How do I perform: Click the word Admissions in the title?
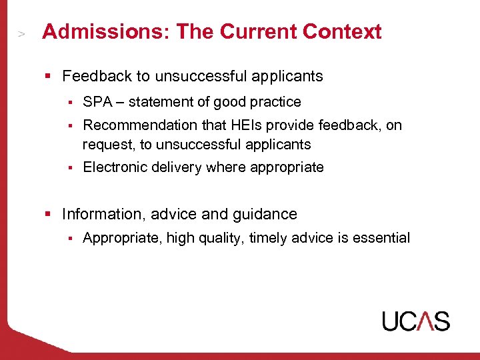coord(86,31)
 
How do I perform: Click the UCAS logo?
coord(415,321)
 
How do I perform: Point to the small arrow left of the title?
coord(22,33)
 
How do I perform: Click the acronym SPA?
coord(97,102)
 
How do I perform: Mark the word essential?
coord(381,238)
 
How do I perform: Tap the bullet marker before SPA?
coord(69,103)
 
